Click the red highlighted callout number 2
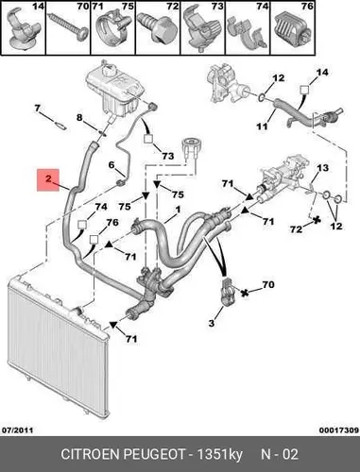[48, 179]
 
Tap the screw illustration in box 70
[68, 28]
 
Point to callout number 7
[38, 109]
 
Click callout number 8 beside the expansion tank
[79, 118]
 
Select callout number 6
[111, 165]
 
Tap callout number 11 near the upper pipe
[262, 126]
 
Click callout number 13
[322, 168]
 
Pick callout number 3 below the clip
[212, 323]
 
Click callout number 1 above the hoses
[178, 210]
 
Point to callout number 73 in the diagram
[168, 156]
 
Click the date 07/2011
[18, 430]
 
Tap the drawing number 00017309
[339, 430]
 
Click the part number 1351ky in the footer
[219, 455]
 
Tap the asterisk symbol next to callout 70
[244, 293]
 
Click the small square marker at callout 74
[82, 225]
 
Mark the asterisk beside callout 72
[316, 220]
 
